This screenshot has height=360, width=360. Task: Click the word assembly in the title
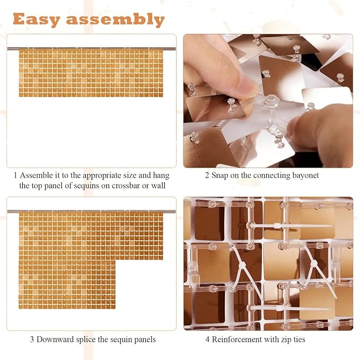[x=116, y=19]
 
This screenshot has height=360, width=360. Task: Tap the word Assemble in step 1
[x=36, y=175]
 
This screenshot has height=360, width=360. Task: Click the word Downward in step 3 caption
[x=55, y=339]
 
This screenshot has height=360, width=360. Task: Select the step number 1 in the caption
[x=15, y=175]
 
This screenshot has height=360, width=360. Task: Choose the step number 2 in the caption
[x=207, y=175]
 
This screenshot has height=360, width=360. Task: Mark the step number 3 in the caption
[x=32, y=339]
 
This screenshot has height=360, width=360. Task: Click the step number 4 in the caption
[x=207, y=339]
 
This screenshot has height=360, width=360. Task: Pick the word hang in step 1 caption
[x=161, y=176]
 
